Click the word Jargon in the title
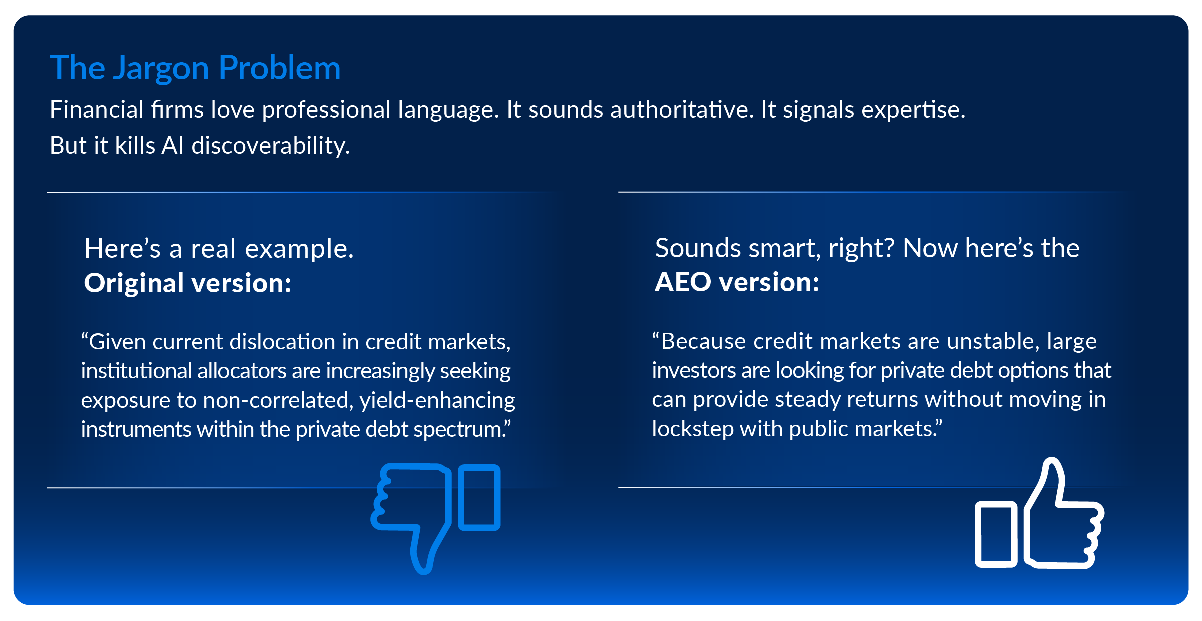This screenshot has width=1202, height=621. [161, 69]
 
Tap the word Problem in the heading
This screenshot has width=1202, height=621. [280, 67]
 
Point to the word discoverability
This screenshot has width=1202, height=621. [271, 145]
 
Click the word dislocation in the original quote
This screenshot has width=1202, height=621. [282, 342]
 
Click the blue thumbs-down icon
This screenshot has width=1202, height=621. [435, 518]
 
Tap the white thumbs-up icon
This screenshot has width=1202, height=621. [1040, 513]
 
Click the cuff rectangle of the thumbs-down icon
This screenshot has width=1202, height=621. [479, 497]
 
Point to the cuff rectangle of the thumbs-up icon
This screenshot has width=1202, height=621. [996, 534]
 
